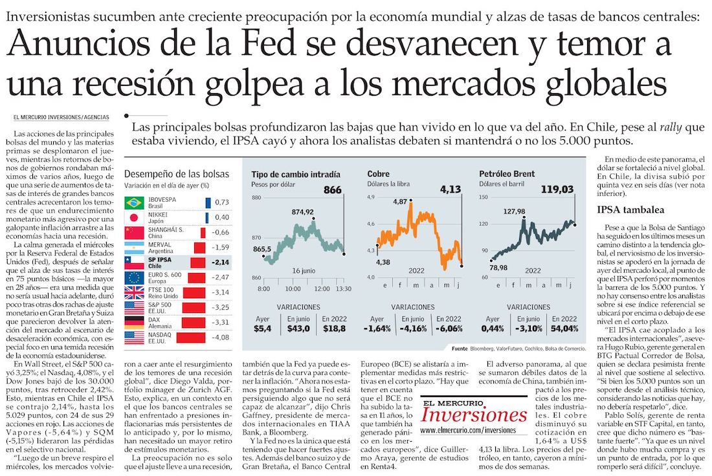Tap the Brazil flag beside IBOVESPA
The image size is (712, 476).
coord(133,202)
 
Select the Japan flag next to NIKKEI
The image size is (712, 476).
coord(133,217)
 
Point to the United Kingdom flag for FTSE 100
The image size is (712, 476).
coord(133,292)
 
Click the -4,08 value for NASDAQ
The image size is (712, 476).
coord(221,337)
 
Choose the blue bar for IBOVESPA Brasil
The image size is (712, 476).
coord(207,202)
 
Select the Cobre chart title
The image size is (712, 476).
coord(378,174)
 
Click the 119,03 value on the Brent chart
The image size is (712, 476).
coord(558,189)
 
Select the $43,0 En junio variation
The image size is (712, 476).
coord(298,328)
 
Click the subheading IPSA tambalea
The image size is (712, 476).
coord(622,210)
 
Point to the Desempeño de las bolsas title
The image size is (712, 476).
coord(176,174)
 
